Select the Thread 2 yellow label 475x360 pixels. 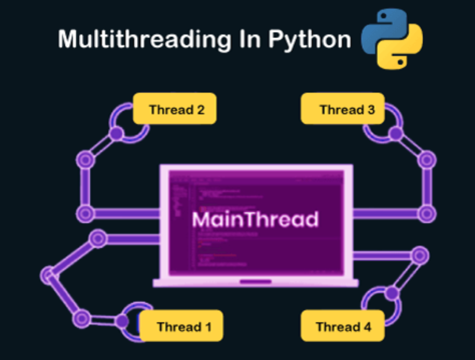click(x=175, y=109)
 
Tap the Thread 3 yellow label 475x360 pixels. click(x=343, y=109)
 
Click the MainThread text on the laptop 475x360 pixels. click(x=255, y=219)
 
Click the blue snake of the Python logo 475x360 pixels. click(x=381, y=30)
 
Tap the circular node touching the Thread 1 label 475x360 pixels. click(x=122, y=321)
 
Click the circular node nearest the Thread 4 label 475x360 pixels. click(x=392, y=293)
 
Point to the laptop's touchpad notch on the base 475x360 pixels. click(x=255, y=281)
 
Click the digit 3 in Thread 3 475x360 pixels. click(x=371, y=109)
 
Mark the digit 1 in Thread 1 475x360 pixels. click(x=207, y=326)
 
